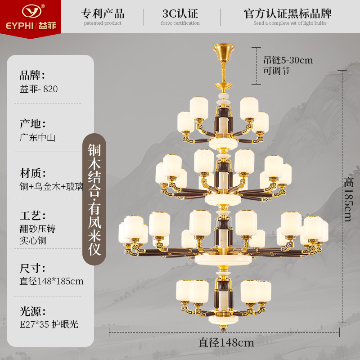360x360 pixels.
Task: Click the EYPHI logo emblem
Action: [30, 10]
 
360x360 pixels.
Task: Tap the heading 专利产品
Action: [103, 13]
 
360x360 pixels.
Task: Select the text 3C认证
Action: [180, 13]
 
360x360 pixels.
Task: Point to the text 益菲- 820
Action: [39, 89]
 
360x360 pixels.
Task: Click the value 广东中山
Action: [37, 138]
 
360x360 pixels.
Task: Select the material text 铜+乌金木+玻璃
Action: [51, 186]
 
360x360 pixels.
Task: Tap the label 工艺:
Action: [32, 215]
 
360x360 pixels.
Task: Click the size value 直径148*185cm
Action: [51, 281]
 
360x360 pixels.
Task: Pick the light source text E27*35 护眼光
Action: [49, 324]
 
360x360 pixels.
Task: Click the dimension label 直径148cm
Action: [226, 342]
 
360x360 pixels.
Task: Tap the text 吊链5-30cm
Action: [288, 60]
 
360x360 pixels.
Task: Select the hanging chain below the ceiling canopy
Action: [223, 72]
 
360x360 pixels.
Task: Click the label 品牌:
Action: [32, 75]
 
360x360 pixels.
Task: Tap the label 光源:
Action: [32, 311]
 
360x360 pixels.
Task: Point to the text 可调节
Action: [277, 71]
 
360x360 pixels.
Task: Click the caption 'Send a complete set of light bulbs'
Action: [289, 23]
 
